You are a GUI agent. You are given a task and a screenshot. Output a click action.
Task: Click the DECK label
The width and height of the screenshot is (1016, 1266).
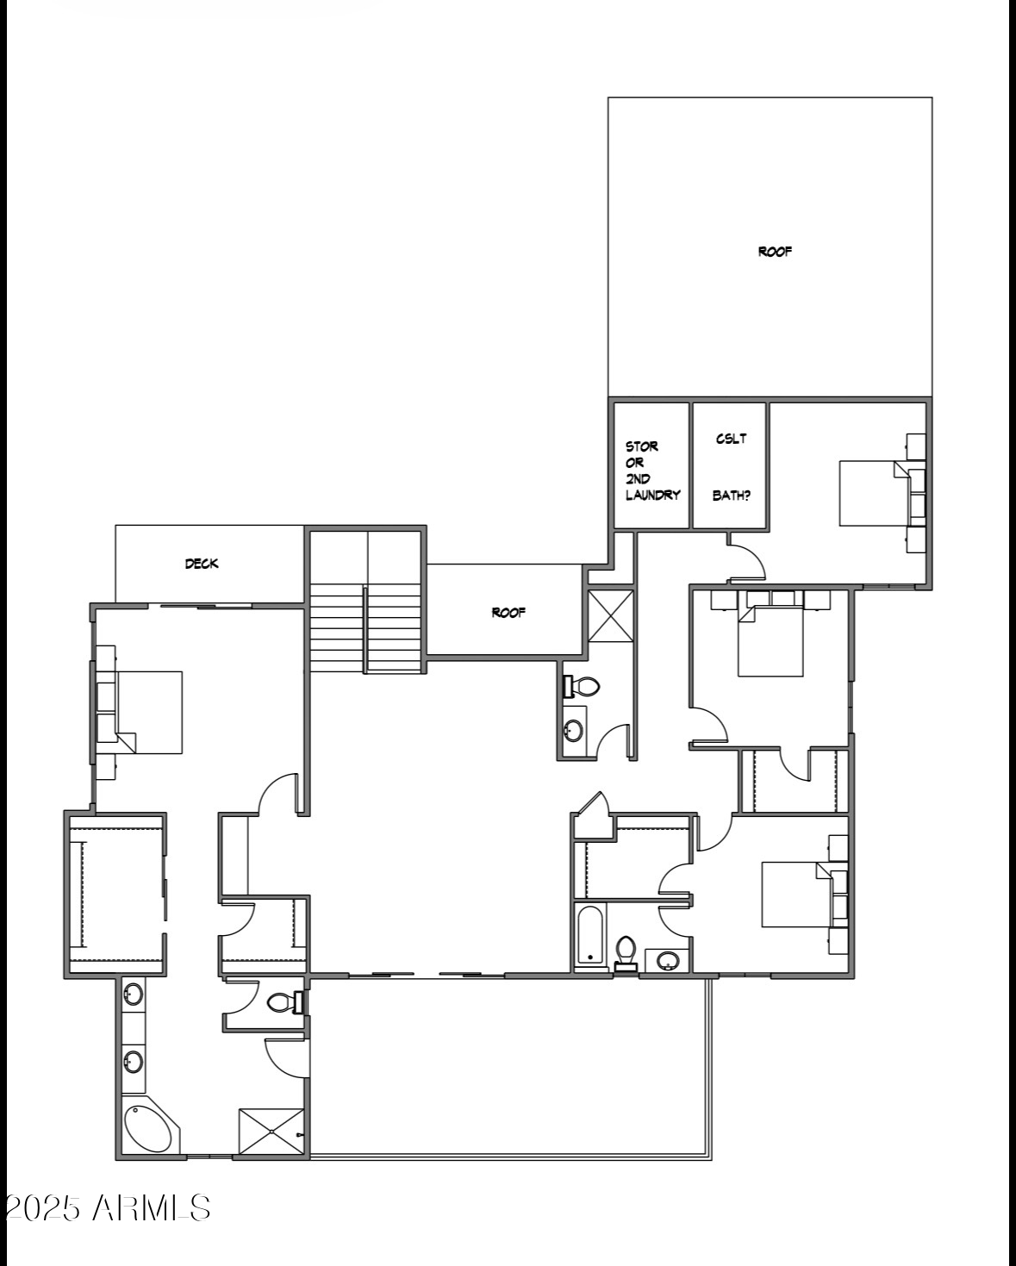point(202,564)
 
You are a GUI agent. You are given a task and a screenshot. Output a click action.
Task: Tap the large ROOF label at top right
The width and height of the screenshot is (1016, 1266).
point(775,252)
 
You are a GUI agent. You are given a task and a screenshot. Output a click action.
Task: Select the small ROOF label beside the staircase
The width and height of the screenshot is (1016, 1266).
point(508,613)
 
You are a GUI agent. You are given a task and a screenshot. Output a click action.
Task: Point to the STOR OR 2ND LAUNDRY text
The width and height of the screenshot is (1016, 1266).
point(652,471)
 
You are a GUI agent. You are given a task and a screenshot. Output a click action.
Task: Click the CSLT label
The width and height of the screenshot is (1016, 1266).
point(731,439)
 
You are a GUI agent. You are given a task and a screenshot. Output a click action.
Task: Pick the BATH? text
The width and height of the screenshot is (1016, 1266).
point(731,496)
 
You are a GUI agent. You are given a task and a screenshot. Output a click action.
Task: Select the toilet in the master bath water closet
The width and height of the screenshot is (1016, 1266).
point(283,1002)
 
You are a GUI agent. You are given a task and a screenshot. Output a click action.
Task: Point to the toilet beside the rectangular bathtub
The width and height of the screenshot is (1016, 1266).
point(626,951)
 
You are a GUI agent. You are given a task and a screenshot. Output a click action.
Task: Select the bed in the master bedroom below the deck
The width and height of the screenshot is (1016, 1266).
point(148,712)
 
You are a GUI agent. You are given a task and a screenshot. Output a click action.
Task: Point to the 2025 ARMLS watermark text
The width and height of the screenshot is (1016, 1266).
point(107,1208)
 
